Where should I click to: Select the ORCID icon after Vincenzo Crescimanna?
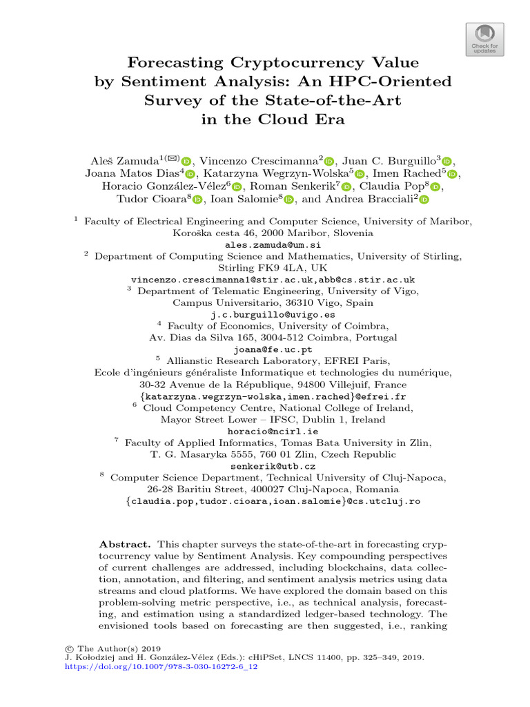[328, 160]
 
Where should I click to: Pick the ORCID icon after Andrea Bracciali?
[424, 200]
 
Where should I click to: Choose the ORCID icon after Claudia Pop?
[435, 186]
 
